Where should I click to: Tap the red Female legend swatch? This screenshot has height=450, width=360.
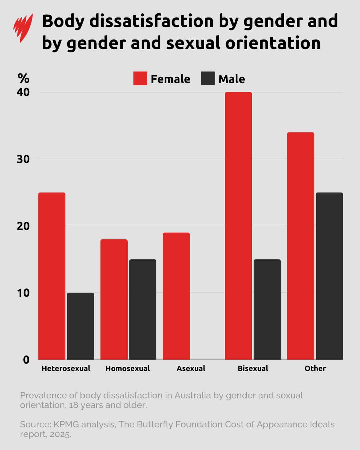(140, 79)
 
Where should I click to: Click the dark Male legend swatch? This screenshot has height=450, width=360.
(208, 79)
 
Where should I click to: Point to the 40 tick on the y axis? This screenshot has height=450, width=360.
(23, 92)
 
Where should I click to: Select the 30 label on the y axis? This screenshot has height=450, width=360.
(23, 159)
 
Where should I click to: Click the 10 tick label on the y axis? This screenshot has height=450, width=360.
(23, 293)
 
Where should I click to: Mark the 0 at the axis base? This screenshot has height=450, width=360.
(26, 360)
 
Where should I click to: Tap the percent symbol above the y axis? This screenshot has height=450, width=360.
(23, 78)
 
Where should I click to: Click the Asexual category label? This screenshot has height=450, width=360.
(191, 368)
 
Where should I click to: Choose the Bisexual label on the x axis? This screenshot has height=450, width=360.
(253, 368)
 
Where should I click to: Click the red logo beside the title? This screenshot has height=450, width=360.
(23, 28)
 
